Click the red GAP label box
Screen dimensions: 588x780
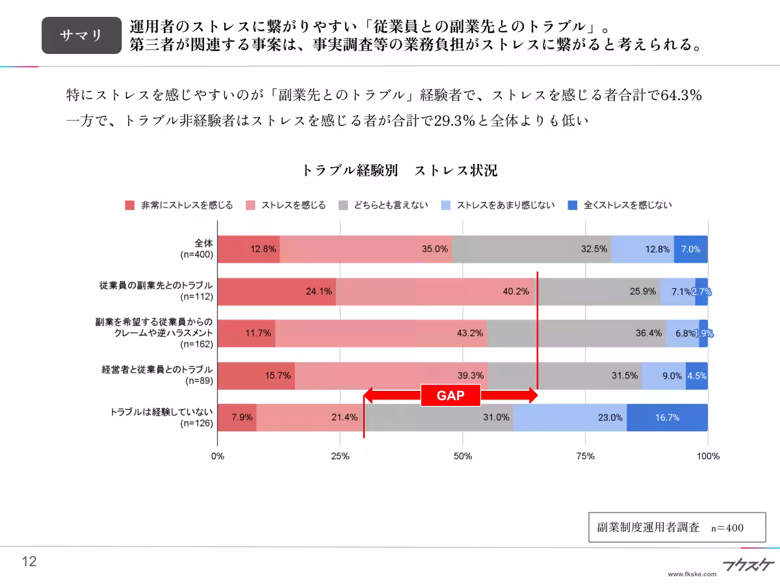[x=450, y=395]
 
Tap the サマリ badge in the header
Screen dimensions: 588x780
[x=81, y=35]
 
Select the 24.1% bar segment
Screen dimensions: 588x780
[x=276, y=291]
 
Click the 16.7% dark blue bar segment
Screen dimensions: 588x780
[x=667, y=418]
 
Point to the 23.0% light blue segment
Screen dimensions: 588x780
[x=570, y=418]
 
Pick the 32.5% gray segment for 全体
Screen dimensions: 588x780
[x=532, y=249]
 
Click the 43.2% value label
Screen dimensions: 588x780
[x=470, y=333]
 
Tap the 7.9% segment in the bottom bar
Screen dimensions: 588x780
[x=237, y=418]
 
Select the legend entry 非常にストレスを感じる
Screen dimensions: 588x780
[x=179, y=205]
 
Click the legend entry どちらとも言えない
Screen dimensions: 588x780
[x=383, y=205]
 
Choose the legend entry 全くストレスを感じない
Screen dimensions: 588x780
[x=620, y=205]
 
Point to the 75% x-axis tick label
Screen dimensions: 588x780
[x=585, y=456]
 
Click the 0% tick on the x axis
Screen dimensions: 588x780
[x=218, y=456]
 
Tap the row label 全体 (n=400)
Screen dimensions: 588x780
[x=197, y=249]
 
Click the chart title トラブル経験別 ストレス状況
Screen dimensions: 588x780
[x=400, y=171]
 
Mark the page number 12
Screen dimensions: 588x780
[x=29, y=562]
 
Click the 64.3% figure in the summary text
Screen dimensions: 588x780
[x=681, y=95]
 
